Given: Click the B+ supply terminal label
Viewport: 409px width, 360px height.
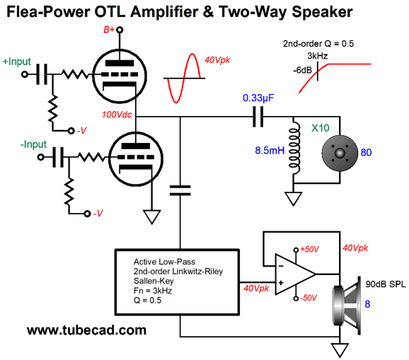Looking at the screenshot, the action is click(109, 30).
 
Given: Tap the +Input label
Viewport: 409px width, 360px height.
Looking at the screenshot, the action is click(17, 62).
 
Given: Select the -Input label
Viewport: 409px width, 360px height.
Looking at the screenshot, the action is click(33, 144).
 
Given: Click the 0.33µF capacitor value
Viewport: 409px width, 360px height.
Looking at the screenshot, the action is click(258, 98).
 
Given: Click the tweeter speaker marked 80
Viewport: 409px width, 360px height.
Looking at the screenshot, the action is click(340, 153).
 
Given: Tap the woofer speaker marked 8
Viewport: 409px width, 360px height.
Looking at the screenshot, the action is click(347, 306).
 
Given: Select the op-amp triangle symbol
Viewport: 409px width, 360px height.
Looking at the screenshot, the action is click(295, 274).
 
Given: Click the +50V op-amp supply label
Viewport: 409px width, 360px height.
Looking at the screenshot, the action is click(310, 249).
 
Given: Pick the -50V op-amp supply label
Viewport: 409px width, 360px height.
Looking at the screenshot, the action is click(309, 298).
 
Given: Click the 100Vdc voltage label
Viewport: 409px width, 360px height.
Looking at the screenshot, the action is click(117, 115).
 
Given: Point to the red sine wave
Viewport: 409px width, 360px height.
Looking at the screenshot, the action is click(184, 79).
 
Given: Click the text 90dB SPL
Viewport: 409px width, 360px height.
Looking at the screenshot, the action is click(386, 284).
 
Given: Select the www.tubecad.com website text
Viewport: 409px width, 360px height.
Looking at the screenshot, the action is click(86, 330).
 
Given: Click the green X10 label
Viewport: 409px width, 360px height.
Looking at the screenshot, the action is click(321, 128).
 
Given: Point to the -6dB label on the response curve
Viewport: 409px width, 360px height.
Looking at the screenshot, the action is click(303, 71).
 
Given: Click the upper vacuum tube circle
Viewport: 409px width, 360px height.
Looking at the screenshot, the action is click(120, 76).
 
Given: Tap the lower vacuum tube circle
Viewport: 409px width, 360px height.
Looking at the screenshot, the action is click(136, 158).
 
